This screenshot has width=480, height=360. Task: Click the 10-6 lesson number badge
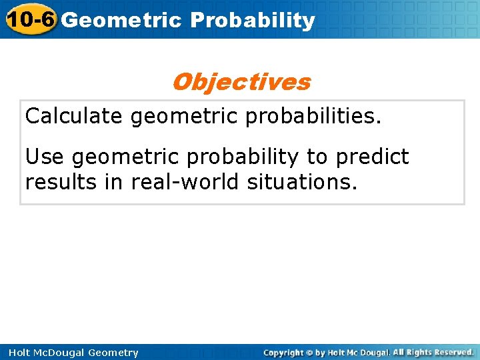29,19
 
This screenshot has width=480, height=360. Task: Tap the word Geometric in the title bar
121,21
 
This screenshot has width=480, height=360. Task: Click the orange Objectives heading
241,82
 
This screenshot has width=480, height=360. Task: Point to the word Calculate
74,117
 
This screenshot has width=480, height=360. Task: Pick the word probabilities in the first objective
313,117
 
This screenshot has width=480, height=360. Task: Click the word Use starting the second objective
45,157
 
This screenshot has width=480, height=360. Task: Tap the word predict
373,157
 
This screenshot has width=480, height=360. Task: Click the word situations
302,181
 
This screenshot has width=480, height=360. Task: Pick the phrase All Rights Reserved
433,352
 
